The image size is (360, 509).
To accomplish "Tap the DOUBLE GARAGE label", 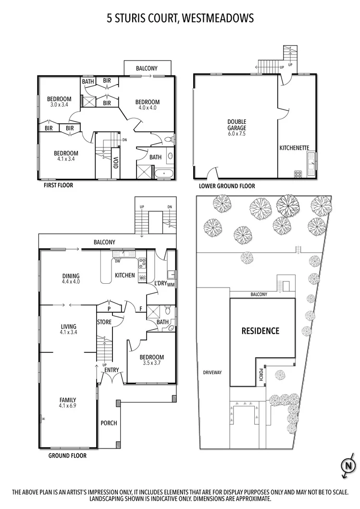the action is click(x=236, y=125).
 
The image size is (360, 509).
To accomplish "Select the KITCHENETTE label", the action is click(x=294, y=148).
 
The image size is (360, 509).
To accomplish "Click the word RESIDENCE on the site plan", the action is click(x=260, y=331).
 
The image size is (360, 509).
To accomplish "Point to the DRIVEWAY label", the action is click(x=211, y=372).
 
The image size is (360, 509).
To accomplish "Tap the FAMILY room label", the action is click(x=68, y=400).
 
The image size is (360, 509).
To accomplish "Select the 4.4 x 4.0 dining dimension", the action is click(x=71, y=282).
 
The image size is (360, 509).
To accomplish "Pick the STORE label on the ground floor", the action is click(x=104, y=322).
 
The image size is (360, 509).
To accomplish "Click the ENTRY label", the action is click(x=112, y=370).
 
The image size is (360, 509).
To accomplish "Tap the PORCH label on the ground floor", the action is click(x=109, y=423).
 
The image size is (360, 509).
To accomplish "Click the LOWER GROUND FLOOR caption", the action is click(x=227, y=186).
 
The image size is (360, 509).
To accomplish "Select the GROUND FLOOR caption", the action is click(x=67, y=455).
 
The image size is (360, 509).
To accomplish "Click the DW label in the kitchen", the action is click(x=117, y=261).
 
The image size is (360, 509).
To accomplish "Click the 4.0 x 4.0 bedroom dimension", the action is click(x=147, y=108).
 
